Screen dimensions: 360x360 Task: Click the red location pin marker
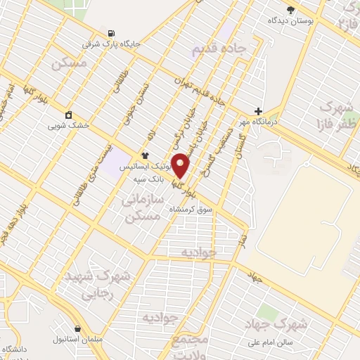[181, 165]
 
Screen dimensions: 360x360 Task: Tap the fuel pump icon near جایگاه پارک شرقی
[111, 33]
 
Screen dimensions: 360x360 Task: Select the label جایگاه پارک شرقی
[112, 44]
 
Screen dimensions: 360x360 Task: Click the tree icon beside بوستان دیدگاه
[290, 9]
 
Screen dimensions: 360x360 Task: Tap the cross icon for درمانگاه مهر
[258, 111]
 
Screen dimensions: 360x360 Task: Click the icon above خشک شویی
[68, 115]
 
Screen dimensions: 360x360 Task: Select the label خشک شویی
[68, 127]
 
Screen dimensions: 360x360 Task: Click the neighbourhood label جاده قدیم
[219, 49]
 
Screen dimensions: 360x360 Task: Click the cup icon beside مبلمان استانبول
[77, 328]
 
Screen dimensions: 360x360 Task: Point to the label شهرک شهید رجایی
[89, 285]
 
